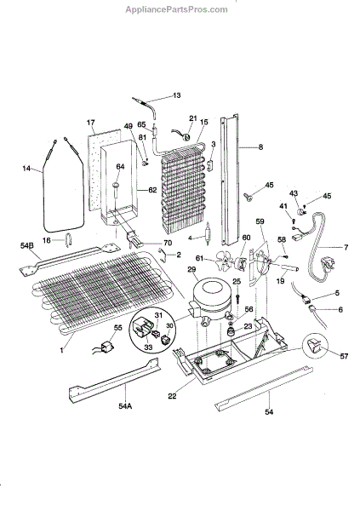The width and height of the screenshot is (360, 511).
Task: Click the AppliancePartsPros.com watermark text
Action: tap(176, 9)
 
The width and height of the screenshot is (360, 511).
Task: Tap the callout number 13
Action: tap(176, 95)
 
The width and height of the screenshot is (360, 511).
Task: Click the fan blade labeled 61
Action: tap(226, 261)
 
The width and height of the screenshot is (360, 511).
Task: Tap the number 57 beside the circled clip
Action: tap(344, 356)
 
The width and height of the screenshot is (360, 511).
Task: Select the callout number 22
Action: tap(172, 396)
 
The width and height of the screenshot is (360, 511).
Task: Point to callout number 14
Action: tap(26, 169)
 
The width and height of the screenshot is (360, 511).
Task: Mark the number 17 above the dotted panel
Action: tap(90, 123)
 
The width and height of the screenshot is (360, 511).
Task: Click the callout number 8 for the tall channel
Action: tap(260, 147)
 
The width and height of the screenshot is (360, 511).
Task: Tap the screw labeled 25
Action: tap(237, 297)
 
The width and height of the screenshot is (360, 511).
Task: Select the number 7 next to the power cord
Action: tap(346, 247)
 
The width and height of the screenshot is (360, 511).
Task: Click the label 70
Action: tap(169, 243)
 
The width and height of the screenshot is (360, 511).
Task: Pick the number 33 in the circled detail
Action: tap(148, 347)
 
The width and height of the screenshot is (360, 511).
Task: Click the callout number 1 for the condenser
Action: tap(61, 351)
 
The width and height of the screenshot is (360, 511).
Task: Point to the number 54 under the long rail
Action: tap(269, 412)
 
